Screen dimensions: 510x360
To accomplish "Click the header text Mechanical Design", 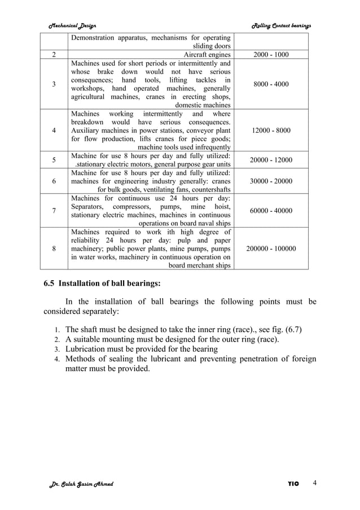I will click(72, 25).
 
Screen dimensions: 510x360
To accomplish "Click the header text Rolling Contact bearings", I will click(280, 25).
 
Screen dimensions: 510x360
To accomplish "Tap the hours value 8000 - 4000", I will click(271, 84).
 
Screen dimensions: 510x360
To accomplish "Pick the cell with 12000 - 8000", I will click(271, 130).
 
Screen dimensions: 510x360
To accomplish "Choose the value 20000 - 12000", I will click(271, 160).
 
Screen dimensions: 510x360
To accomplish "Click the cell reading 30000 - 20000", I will click(271, 181).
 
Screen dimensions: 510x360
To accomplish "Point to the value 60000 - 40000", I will click(271, 211).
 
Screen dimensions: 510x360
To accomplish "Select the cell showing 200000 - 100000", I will click(271, 248).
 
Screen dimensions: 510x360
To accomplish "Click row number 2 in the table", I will click(54, 55).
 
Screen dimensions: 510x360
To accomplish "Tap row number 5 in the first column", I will click(54, 160).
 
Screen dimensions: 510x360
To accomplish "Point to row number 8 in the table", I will click(54, 248).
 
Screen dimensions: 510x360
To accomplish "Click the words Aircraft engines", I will click(207, 55).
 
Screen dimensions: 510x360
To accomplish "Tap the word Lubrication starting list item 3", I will click(89, 349).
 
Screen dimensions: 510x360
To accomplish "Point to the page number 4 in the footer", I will click(315, 483).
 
